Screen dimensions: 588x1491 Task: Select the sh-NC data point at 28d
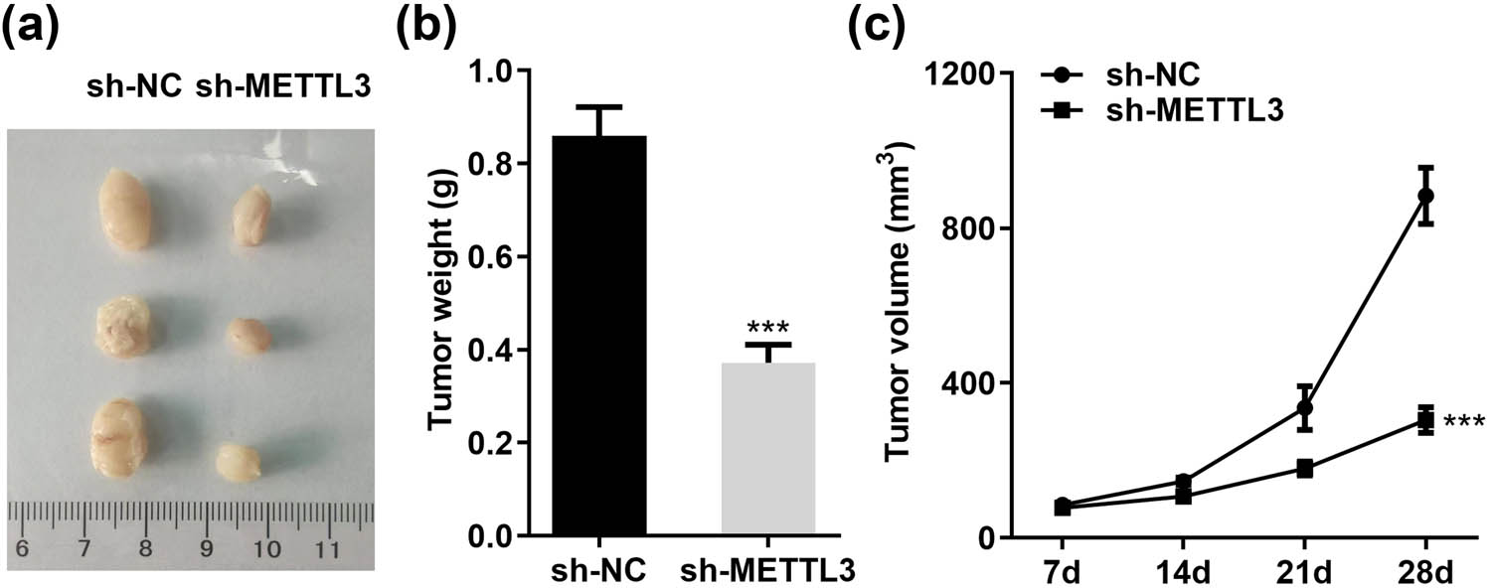click(x=1425, y=196)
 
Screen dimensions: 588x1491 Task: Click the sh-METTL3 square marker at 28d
click(x=1425, y=421)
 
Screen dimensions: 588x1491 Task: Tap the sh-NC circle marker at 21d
click(x=1304, y=408)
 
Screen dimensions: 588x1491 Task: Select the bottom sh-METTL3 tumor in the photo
click(x=239, y=462)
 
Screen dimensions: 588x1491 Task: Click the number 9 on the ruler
click(x=208, y=548)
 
